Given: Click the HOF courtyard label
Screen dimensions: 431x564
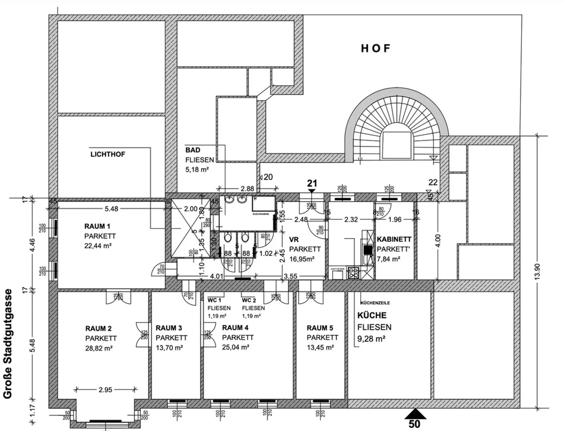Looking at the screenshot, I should tap(376, 48).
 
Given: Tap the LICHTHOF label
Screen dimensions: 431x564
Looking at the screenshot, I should tap(108, 154).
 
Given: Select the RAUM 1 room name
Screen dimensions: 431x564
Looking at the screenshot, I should tap(97, 226).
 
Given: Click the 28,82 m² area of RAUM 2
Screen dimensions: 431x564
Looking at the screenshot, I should tap(99, 348).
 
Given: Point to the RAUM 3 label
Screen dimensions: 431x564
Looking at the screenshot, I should tap(169, 328).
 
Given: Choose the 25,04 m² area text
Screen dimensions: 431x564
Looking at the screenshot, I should tap(236, 347).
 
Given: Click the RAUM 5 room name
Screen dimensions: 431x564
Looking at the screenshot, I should tap(320, 328).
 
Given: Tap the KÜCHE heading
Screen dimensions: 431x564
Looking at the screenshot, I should tap(372, 315).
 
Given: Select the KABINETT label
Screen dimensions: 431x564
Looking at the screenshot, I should tap(394, 239).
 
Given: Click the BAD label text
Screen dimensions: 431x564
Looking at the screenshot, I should tap(193, 150).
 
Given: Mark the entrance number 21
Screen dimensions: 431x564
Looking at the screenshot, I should tap(312, 183).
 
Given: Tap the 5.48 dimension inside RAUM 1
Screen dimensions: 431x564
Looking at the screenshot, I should tap(111, 209).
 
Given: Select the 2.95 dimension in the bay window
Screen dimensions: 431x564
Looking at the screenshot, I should tap(105, 390).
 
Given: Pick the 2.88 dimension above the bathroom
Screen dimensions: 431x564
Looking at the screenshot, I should tap(247, 189).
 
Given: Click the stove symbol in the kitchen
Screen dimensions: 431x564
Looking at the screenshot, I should tap(354, 273).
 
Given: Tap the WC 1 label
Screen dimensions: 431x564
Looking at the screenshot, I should tap(214, 300).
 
